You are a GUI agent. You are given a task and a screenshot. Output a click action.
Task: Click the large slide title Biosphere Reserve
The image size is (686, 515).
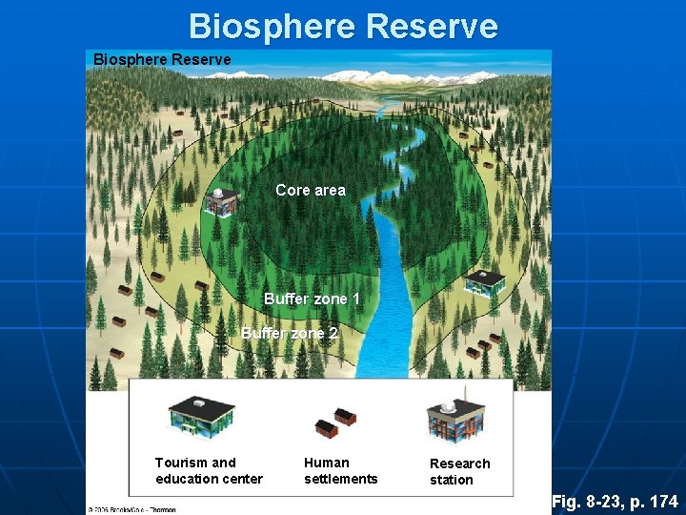pos(343,25)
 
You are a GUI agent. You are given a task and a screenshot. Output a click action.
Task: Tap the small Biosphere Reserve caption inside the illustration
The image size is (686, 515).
pos(162,60)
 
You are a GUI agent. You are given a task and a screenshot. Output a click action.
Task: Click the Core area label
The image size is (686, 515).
pos(311,190)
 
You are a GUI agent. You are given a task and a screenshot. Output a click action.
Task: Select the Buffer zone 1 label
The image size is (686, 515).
pos(312,299)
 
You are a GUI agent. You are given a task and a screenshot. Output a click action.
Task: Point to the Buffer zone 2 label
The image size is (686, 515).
pos(290,334)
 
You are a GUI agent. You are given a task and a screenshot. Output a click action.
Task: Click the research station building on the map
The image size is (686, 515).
pos(221,201)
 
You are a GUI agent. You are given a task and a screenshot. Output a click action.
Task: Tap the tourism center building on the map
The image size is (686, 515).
pos(485,281)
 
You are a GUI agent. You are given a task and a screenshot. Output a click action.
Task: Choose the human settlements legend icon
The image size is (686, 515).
pos(335,421)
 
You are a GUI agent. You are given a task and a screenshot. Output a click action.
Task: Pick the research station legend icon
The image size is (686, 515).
pos(455,416)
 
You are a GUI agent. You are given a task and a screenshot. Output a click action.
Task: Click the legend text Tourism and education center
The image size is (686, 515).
pos(209,471)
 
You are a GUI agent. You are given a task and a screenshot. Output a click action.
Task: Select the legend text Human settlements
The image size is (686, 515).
pos(340,471)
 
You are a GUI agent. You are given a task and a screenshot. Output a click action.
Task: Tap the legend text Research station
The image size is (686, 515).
pos(459,472)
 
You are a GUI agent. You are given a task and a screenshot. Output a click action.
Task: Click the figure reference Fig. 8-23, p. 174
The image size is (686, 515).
pos(615,501)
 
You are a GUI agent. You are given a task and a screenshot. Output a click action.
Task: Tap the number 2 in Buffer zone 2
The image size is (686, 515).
pos(333,334)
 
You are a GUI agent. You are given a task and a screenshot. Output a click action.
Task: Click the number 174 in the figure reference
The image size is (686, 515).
pos(661,501)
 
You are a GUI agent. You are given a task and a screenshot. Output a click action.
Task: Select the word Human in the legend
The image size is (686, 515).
pos(327,463)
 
